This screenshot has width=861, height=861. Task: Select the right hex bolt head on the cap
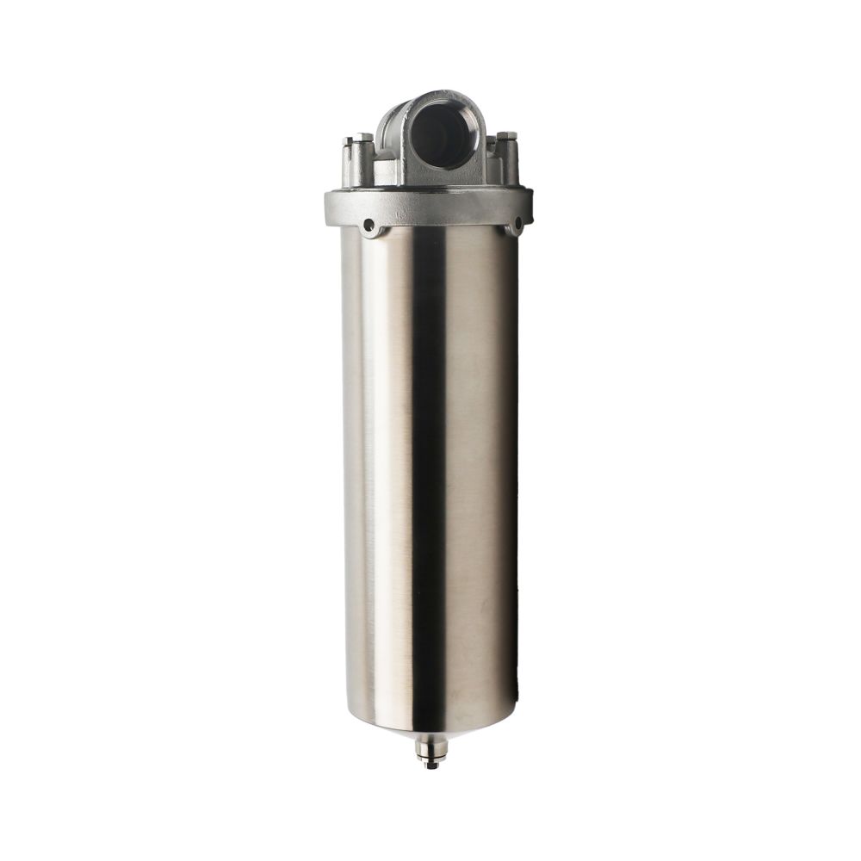point(506,136)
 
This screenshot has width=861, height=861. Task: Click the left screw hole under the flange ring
point(369,226)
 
